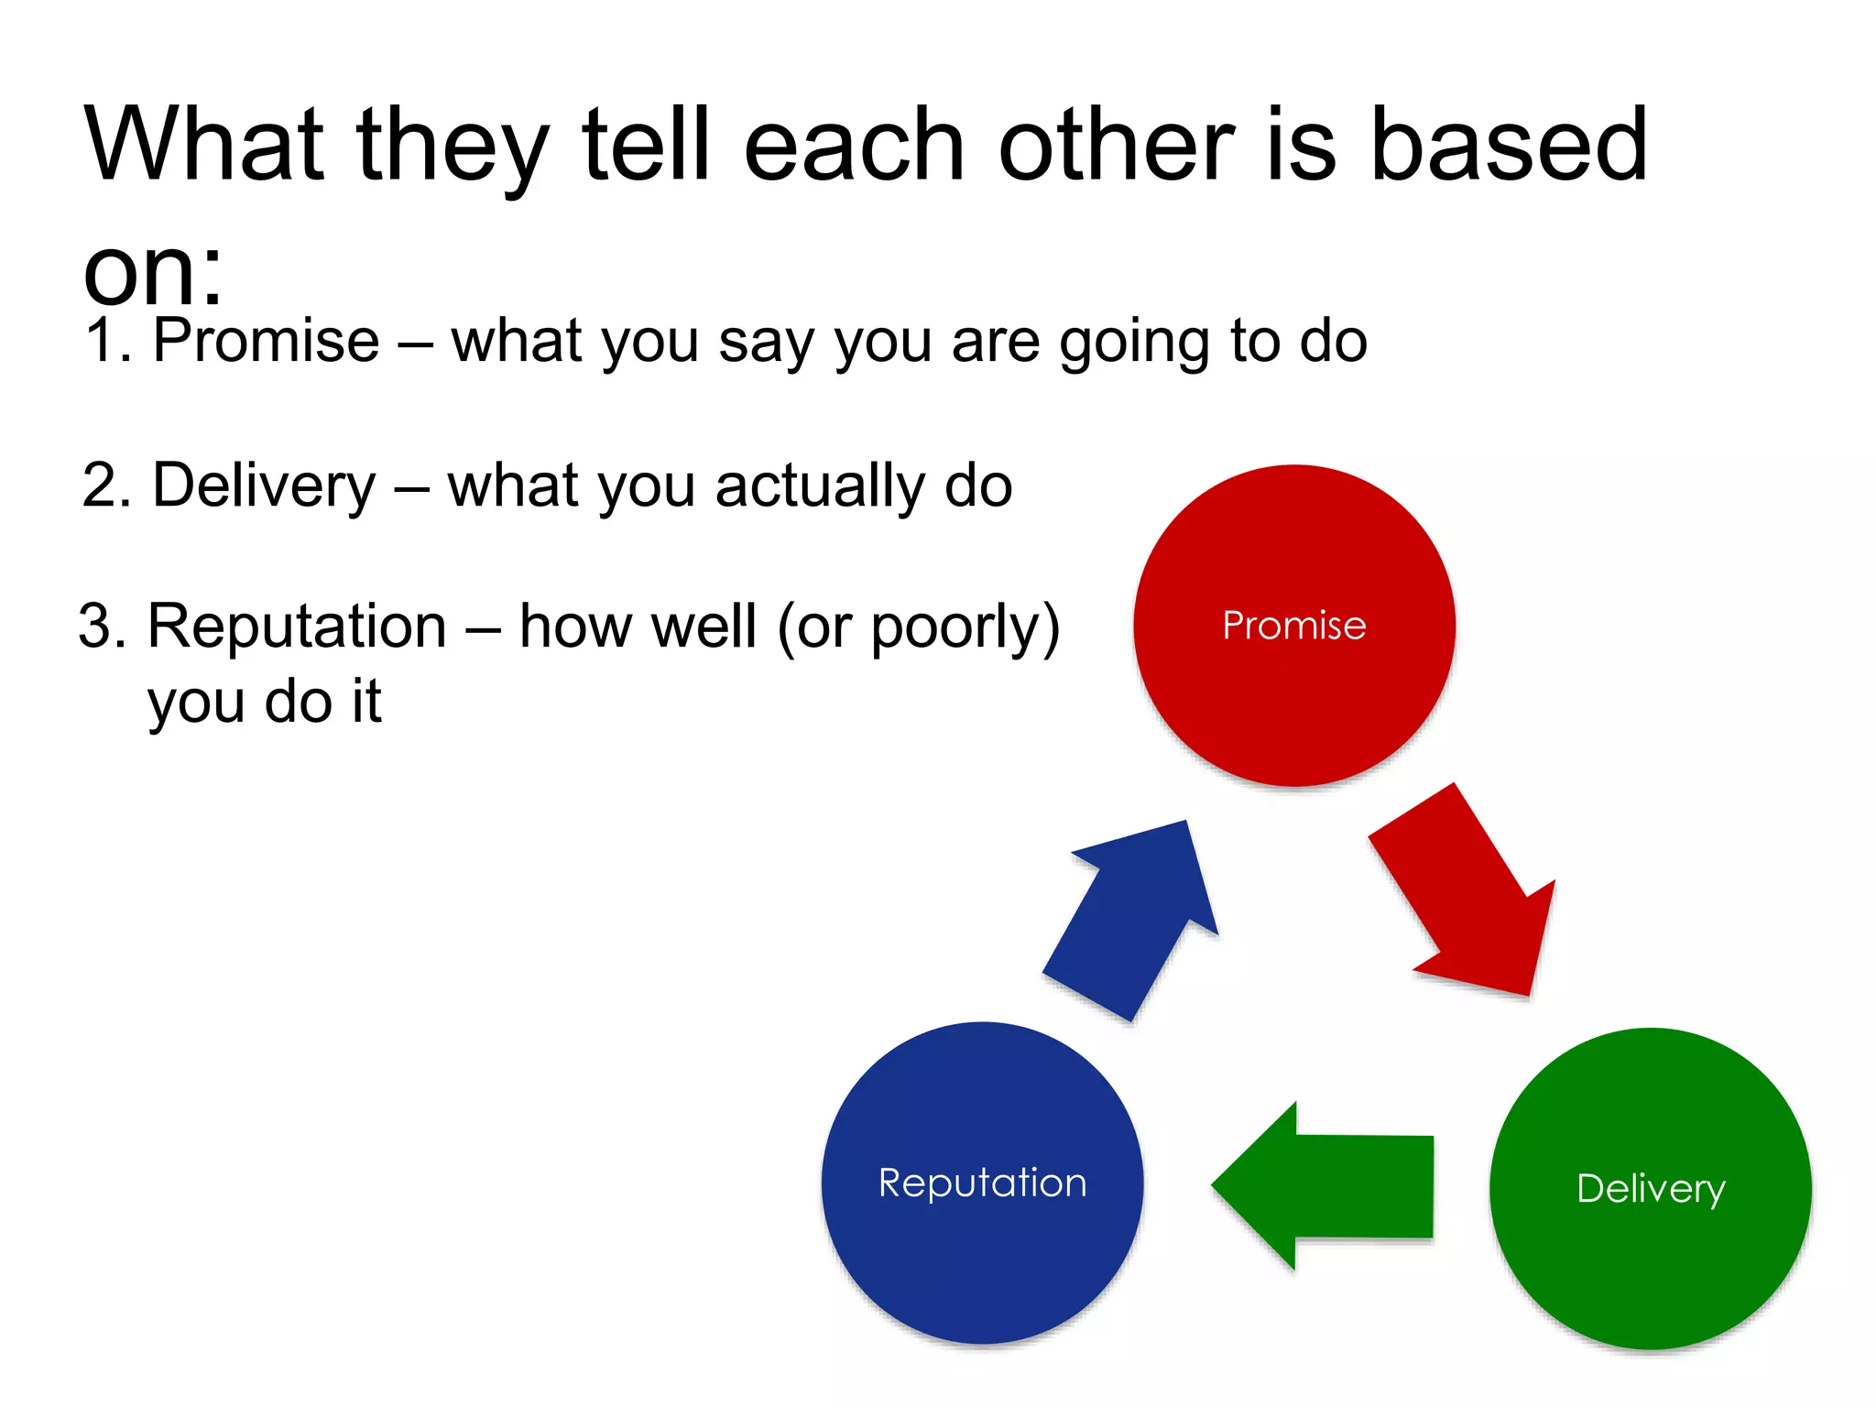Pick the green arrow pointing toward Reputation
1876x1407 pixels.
(1328, 1186)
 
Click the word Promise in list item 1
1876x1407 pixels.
(266, 341)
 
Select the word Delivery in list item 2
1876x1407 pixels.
(264, 485)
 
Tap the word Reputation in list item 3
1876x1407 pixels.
(297, 627)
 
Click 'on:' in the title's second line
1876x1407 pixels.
(152, 273)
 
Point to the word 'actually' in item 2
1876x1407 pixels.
(820, 485)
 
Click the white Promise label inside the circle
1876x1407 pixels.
(1293, 626)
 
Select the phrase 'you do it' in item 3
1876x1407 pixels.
(264, 703)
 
